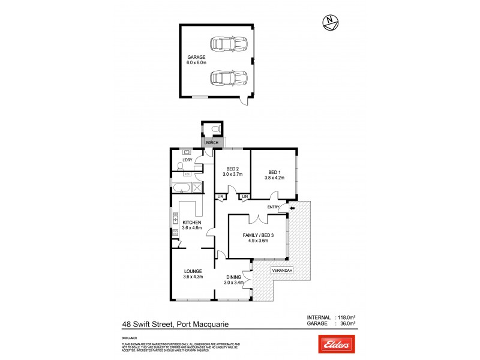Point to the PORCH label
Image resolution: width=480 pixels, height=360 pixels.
click(212, 143)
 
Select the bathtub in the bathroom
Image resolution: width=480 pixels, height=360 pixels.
click(181, 187)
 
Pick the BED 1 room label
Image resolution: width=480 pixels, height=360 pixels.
click(274, 175)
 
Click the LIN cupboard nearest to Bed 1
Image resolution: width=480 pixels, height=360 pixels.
click(245, 197)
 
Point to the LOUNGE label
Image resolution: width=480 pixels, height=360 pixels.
click(193, 274)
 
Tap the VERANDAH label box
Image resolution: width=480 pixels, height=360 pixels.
click(282, 271)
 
